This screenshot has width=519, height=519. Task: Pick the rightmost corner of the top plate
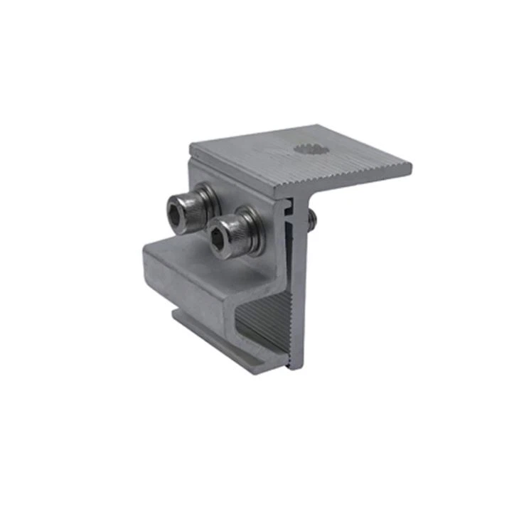(411, 168)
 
